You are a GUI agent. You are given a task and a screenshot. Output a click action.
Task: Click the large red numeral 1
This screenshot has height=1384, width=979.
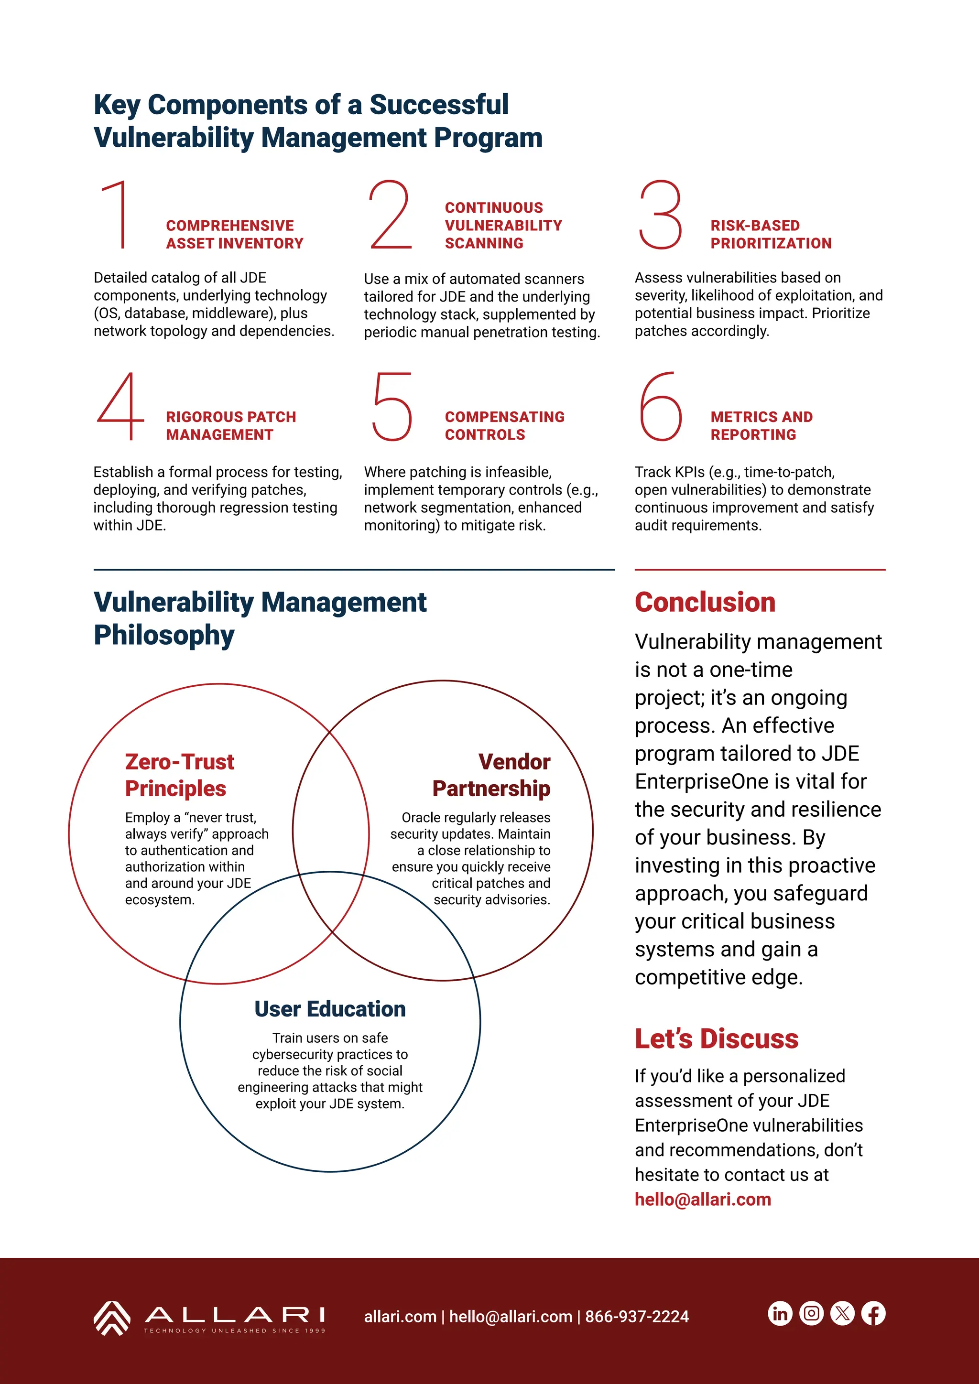point(118,215)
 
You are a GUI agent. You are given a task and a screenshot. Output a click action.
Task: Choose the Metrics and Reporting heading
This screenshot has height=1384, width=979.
point(761,425)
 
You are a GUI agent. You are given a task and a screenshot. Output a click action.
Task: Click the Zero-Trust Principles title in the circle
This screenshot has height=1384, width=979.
point(179,775)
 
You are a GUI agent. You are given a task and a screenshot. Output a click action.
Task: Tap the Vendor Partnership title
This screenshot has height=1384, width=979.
point(491,775)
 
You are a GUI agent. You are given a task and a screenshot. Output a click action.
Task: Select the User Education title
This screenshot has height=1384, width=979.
point(330,1009)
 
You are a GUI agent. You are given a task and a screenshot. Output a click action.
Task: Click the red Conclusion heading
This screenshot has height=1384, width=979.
point(705,602)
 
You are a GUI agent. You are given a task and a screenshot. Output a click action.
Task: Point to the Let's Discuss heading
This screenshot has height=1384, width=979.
point(716,1038)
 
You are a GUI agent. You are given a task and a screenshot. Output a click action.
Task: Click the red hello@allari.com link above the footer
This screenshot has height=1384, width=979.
point(702,1200)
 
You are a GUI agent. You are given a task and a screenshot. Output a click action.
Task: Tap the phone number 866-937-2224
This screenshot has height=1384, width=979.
point(637,1317)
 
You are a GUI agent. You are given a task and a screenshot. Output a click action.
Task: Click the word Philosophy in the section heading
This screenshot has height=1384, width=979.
point(164,635)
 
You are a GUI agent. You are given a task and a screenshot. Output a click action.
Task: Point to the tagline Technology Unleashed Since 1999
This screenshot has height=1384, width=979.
point(235,1330)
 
